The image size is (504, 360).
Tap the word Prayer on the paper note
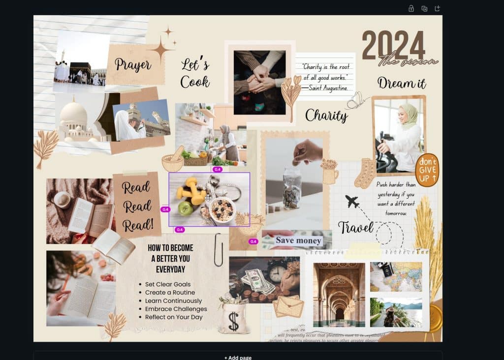tap(133, 64)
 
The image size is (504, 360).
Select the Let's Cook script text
tap(195, 73)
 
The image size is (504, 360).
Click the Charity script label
tap(326, 116)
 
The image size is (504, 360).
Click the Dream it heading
tap(402, 83)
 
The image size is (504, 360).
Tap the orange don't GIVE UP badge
tap(427, 170)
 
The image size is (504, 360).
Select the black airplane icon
tap(352, 201)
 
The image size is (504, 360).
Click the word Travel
tap(355, 227)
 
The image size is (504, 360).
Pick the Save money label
tap(298, 240)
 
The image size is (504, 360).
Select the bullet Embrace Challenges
tap(176, 309)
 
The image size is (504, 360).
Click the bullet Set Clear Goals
tap(167, 284)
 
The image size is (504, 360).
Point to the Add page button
tap(238, 357)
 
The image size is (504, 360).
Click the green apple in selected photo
tap(185, 209)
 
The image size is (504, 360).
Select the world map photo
tap(396, 276)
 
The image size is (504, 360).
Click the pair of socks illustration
tap(365, 173)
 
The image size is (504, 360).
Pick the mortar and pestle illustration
tap(173, 160)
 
